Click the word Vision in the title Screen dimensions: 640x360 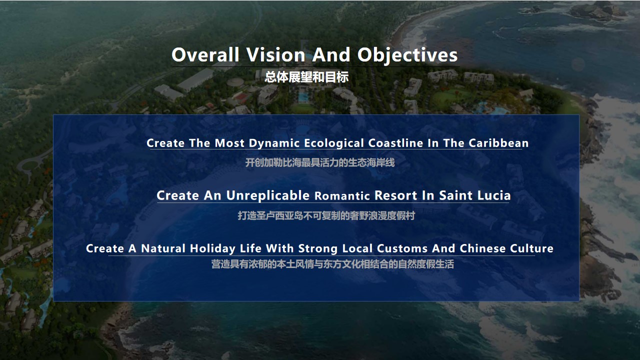point(275,54)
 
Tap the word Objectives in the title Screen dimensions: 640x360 point(407,55)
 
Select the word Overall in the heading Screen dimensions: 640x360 point(205,54)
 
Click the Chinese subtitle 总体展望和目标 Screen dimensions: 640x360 point(306,77)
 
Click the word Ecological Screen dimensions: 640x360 point(333,143)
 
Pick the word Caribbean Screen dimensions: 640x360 point(498,143)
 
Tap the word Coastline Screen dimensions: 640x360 point(395,143)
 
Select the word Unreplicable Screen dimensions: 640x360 point(268,195)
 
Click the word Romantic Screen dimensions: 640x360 point(342,196)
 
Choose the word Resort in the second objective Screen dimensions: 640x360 point(395,195)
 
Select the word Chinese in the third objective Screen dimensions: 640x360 point(482,248)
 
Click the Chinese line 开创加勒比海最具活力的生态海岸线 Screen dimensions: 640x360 point(320,162)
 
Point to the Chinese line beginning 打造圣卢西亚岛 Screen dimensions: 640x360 point(326,215)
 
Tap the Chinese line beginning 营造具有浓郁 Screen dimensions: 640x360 point(332,264)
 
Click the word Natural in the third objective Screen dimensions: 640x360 point(163,248)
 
